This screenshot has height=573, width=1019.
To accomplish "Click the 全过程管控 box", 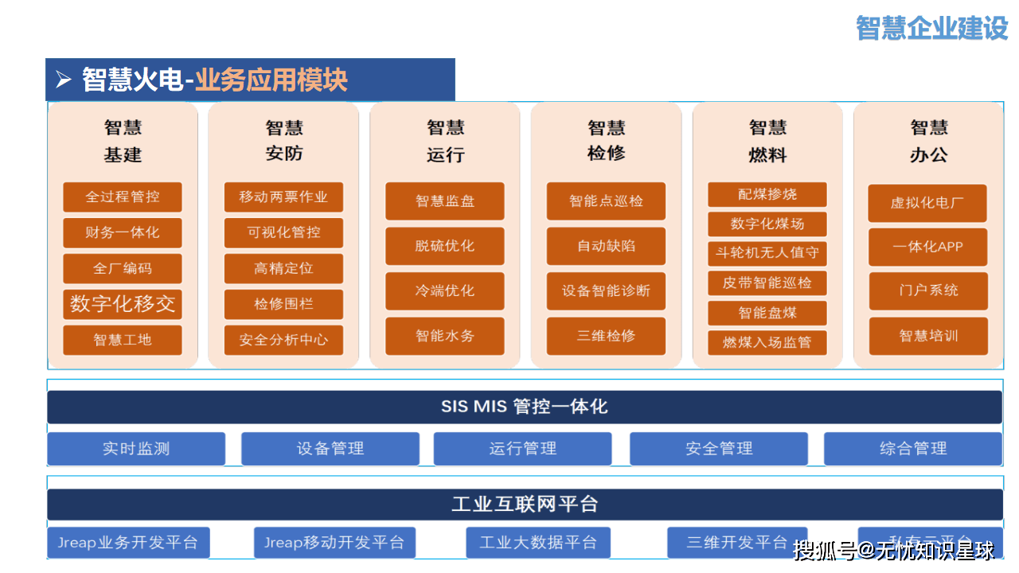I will coord(123,197).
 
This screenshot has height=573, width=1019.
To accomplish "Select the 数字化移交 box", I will coord(123,304).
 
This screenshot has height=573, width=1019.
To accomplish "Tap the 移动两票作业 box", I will coord(283,197).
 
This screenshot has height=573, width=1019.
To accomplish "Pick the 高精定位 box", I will coord(283,268).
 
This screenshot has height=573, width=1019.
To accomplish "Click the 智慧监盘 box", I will coord(445,201).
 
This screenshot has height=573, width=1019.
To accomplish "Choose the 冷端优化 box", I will coord(445,290).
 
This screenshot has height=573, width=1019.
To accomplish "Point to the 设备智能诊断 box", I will coord(606,290).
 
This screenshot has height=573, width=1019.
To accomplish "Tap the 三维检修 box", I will coord(606,335).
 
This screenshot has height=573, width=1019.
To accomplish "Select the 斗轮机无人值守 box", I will coord(767,253).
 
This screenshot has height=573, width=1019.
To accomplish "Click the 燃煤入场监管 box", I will coord(767,342).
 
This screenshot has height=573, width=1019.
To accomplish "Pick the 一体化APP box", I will coord(927,247).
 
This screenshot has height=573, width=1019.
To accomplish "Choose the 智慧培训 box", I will coord(927,335).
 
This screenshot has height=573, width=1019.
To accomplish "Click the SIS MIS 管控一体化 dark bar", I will coord(525,407).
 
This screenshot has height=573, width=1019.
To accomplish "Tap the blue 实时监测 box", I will coord(136,449).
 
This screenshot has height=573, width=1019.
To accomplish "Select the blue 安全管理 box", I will coord(719,449).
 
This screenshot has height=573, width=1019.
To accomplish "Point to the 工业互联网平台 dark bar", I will coord(525,504).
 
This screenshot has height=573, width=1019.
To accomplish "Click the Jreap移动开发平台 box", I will coord(334,543).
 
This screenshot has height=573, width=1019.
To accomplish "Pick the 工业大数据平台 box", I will coord(538,543).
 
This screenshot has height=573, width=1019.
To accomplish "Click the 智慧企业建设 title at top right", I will coord(931,28).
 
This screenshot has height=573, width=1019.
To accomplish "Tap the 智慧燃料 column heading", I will coord(767,141).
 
